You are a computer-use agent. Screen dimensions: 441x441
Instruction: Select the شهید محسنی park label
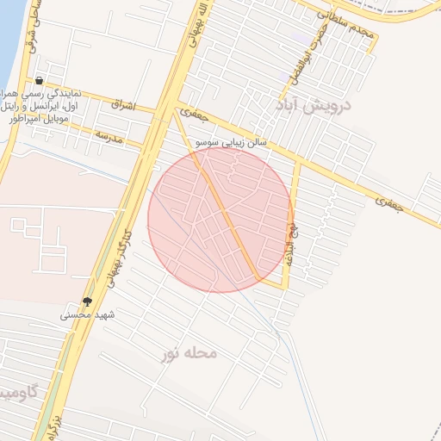click(x=87, y=315)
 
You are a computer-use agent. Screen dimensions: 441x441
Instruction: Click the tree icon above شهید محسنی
click(x=87, y=301)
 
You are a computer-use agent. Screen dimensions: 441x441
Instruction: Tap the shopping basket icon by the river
click(x=40, y=81)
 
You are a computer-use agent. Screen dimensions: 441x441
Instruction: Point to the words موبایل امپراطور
click(x=38, y=119)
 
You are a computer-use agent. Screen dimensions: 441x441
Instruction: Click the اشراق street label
click(x=123, y=104)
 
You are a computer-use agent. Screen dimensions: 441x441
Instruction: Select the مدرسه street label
click(x=109, y=137)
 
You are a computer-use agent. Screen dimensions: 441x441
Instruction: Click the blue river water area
click(x=9, y=34)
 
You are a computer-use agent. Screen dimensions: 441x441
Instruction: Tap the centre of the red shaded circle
click(x=220, y=220)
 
